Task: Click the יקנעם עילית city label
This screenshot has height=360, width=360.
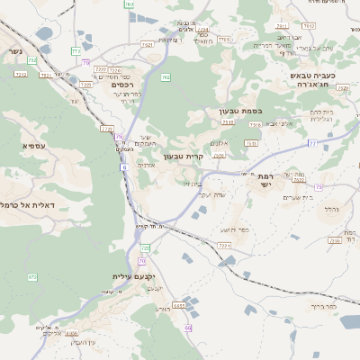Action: [x=110, y=276]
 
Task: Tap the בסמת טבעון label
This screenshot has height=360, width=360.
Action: [x=238, y=112]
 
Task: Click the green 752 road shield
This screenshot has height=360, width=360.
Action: [x=32, y=61]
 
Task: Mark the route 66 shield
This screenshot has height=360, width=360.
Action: [x=188, y=328]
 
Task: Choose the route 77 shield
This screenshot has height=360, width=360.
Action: [x=312, y=143]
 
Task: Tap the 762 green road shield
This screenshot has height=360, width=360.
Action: [x=166, y=78]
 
